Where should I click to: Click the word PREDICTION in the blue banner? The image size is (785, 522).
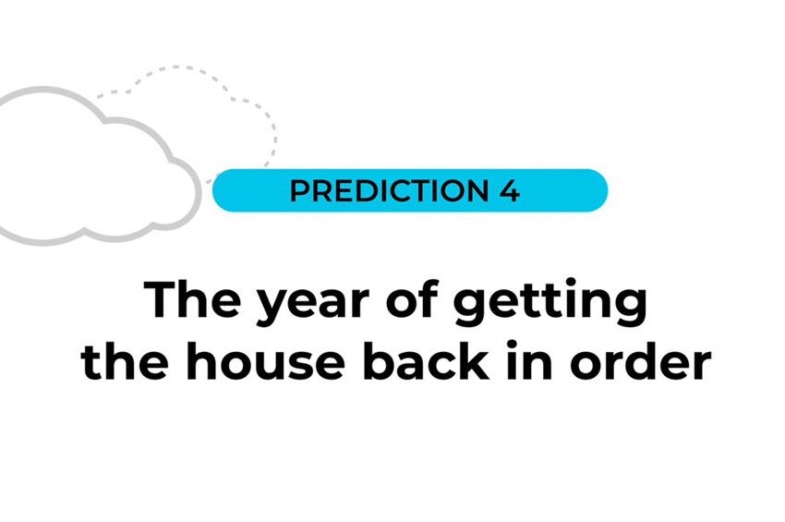(389, 191)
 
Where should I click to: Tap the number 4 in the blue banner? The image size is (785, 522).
(510, 191)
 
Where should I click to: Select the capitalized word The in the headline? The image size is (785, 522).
(192, 299)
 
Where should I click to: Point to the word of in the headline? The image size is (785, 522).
(413, 299)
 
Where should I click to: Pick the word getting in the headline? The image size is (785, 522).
(549, 303)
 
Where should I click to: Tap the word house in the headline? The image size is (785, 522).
(265, 360)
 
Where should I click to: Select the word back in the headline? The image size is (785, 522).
(426, 360)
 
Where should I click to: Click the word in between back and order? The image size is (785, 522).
(529, 359)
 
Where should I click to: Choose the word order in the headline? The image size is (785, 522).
(641, 360)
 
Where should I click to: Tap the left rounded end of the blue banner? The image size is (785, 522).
(215, 191)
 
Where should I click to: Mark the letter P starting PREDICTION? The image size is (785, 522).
(299, 191)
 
